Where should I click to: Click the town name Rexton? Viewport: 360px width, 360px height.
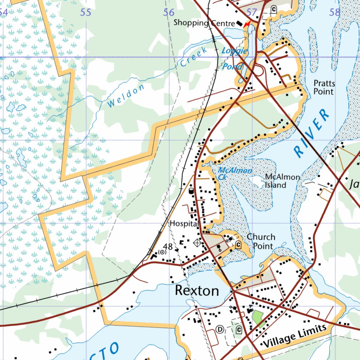coord(197,291)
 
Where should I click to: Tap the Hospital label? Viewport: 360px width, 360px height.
coord(184,224)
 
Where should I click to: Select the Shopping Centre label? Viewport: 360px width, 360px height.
coord(204,23)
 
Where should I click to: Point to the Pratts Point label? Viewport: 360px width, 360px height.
coord(324,88)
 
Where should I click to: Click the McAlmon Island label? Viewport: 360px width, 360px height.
coord(282,181)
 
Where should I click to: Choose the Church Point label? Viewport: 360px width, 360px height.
coord(261,241)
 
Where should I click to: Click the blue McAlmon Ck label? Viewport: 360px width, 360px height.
coord(234,174)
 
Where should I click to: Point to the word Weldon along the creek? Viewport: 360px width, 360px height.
coord(126,96)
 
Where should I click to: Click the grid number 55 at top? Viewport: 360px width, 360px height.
coord(86,13)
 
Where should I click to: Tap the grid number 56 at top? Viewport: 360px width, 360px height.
coord(169,13)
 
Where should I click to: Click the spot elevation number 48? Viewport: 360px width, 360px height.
coord(168,246)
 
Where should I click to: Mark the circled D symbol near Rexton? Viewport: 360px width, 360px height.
coord(220,329)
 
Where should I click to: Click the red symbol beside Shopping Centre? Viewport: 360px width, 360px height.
coord(247,24)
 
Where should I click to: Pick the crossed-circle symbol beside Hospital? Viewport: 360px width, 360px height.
coord(197,243)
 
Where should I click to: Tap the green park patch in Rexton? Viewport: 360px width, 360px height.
coord(258,318)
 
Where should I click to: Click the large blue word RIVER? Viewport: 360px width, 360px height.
coord(312,133)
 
